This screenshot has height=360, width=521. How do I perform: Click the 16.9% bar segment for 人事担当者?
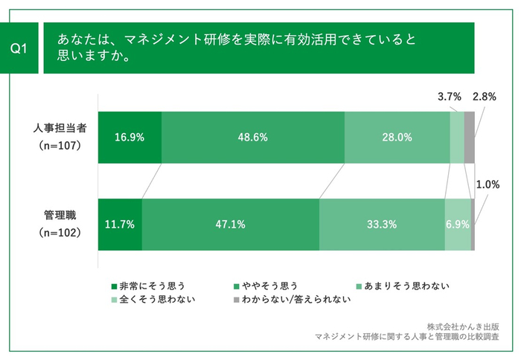[130, 138]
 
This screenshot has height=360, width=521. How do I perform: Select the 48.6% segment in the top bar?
[253, 138]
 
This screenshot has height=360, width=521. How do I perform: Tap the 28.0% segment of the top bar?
[397, 138]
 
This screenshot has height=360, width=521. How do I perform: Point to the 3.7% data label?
[450, 96]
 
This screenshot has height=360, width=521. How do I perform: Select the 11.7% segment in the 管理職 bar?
[120, 225]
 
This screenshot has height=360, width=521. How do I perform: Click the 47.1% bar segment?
[231, 225]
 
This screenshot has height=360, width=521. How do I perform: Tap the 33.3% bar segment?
[382, 225]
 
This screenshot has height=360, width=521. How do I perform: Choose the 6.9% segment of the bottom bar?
[458, 225]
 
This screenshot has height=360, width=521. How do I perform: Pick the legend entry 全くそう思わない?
[153, 300]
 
